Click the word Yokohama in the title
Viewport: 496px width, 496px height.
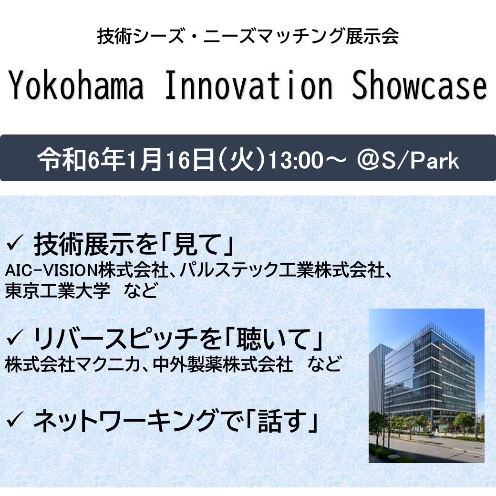coord(76,85)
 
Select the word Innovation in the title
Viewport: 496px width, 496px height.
coord(249,85)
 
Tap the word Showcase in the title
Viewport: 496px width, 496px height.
coord(419,85)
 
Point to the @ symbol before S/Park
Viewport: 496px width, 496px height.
coord(368,160)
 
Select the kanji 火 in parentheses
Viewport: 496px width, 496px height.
coord(242,160)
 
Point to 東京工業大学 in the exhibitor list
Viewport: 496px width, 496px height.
coord(58,290)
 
